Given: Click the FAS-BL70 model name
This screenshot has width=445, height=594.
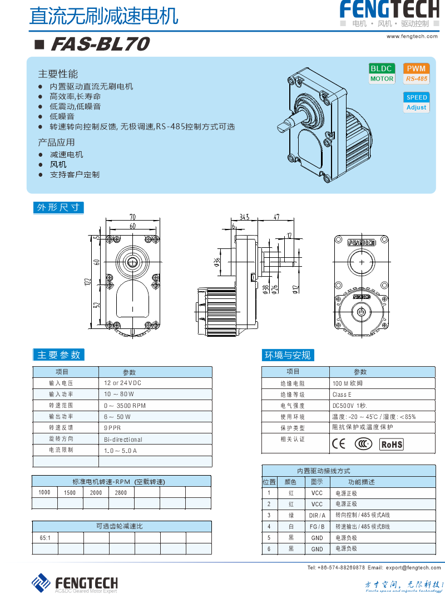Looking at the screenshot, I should (x=100, y=44).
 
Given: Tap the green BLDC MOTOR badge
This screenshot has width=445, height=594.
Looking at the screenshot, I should (x=382, y=73).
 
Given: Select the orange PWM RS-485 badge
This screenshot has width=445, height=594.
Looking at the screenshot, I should (x=416, y=73).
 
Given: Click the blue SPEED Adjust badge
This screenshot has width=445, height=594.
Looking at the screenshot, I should (x=416, y=102).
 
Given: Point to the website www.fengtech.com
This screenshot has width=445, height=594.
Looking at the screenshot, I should (x=412, y=36).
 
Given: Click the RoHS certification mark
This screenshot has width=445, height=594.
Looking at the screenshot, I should (x=391, y=444).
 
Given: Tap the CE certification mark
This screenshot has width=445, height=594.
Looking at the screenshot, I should (x=338, y=443).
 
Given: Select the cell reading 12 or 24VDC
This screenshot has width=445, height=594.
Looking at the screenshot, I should (x=123, y=383).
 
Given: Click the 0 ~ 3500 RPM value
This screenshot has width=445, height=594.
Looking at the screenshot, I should (x=125, y=406).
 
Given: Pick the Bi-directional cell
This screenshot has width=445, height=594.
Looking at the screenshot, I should (x=123, y=439).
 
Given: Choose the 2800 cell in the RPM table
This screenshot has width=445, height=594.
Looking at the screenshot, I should (x=121, y=492).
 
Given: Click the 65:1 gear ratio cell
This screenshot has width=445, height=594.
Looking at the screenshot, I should (x=45, y=538).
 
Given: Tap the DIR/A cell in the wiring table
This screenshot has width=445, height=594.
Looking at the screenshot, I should (x=317, y=516).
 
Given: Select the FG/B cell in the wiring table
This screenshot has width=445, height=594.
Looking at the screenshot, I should (x=317, y=527).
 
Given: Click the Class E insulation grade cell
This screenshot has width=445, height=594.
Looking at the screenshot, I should (x=342, y=395).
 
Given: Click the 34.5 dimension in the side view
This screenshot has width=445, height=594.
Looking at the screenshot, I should (x=244, y=217).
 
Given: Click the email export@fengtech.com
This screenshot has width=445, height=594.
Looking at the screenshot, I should (x=413, y=567).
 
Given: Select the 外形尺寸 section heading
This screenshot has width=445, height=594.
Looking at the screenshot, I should (x=58, y=208).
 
